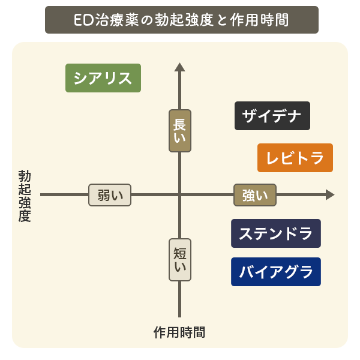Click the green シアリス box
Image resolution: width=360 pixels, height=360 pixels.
103,78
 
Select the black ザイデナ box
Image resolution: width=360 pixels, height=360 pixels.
272,116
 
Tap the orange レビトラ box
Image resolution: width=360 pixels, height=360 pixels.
295,158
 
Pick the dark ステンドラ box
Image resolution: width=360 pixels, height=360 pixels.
276,233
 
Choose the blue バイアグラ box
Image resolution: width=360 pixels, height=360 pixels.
276,272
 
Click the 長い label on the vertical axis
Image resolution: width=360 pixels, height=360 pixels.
179,130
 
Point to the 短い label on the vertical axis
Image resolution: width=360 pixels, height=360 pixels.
179,260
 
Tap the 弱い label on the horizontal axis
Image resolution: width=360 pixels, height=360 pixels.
110,195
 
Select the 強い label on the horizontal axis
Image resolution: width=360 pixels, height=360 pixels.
254,195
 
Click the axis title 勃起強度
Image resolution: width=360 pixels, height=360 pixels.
25,196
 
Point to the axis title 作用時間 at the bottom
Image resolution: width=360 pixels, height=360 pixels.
179,332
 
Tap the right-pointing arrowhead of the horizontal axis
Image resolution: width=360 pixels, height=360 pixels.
329,194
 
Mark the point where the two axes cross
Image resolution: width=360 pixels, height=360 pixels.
179,194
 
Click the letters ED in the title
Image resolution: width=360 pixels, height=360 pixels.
82,20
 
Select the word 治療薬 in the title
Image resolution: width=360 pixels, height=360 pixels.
115,20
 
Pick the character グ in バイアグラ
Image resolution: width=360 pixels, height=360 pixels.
290,272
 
